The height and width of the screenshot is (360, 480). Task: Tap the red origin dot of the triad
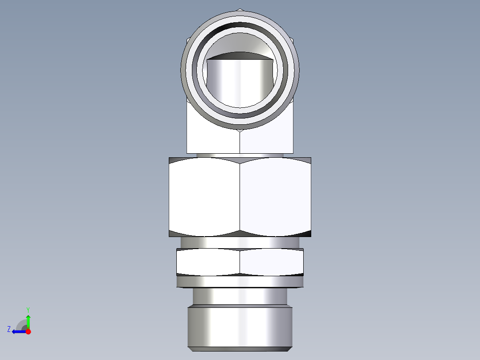click(x=28, y=331)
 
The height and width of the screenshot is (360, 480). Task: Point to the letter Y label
click(x=28, y=309)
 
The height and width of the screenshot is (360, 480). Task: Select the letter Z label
click(x=9, y=329)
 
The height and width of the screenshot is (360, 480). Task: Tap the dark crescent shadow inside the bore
click(x=240, y=56)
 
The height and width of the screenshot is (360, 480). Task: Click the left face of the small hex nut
click(x=208, y=262)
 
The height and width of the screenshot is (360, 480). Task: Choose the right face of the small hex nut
click(x=272, y=262)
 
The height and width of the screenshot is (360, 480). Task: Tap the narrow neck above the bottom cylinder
click(x=240, y=296)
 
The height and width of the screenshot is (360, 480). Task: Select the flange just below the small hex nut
click(x=240, y=282)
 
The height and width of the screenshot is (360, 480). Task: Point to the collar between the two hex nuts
click(x=240, y=242)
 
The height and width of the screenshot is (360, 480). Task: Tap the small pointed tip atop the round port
click(x=240, y=9)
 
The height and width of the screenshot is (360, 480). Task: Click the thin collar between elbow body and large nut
click(x=240, y=155)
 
